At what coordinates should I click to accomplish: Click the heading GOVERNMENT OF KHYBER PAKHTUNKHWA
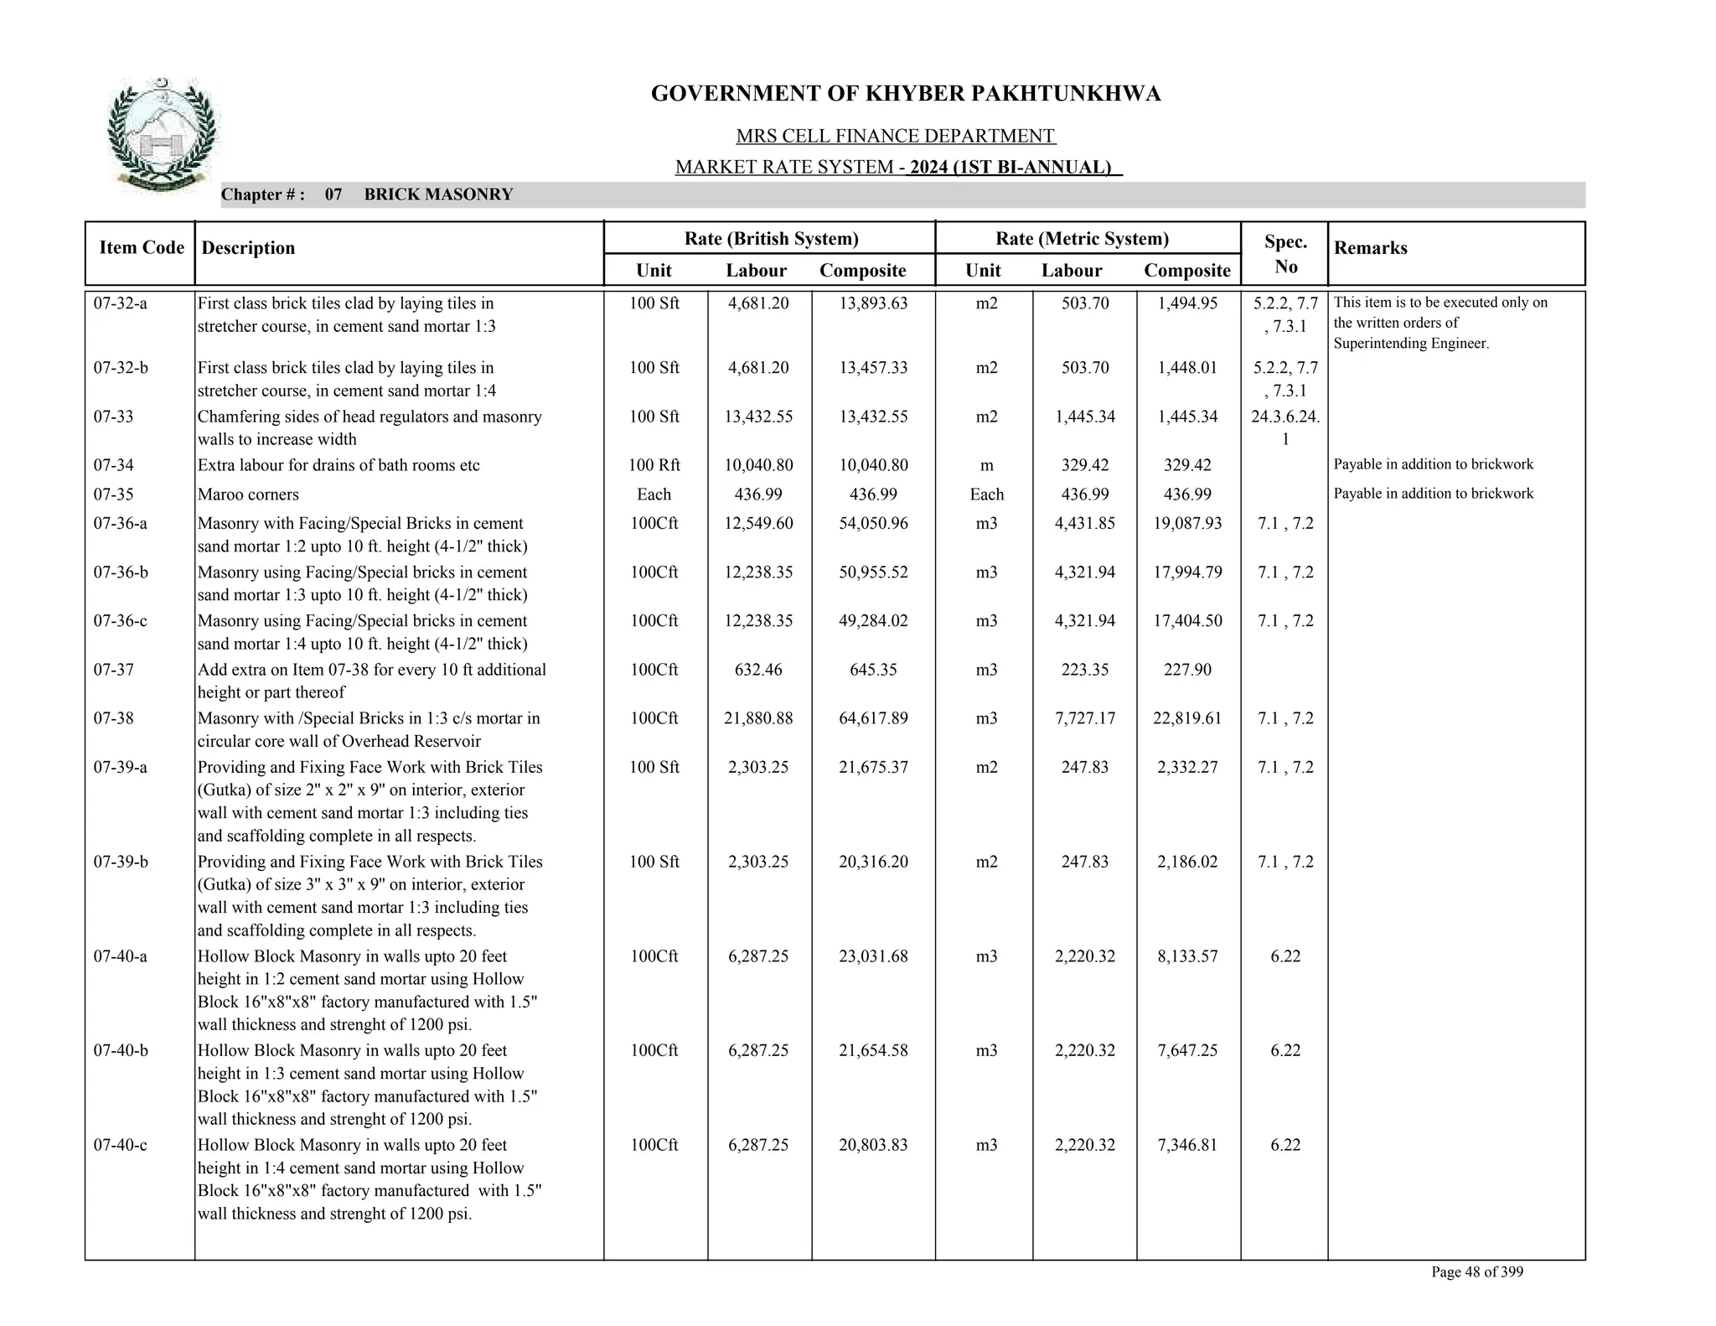905,94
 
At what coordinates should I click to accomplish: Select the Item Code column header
141,247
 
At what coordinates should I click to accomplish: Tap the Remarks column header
1370,248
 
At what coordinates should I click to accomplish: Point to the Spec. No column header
1284,254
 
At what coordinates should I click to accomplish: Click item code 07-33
113,417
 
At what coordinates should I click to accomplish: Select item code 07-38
113,718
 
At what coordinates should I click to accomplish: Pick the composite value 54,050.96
873,524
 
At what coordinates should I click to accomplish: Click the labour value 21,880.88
758,718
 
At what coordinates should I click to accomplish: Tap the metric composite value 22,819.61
1187,718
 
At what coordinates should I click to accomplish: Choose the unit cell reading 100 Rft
654,465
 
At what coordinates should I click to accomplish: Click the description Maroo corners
248,495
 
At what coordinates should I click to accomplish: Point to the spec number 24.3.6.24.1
1285,427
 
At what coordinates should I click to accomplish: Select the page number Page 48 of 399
1476,1272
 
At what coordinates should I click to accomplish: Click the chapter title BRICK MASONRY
438,195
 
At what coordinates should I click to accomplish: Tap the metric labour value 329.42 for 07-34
1084,465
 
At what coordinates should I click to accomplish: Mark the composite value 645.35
873,670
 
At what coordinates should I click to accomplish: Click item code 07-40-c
120,1145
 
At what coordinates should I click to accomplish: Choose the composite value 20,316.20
873,862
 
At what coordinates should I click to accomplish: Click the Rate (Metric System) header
1082,239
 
